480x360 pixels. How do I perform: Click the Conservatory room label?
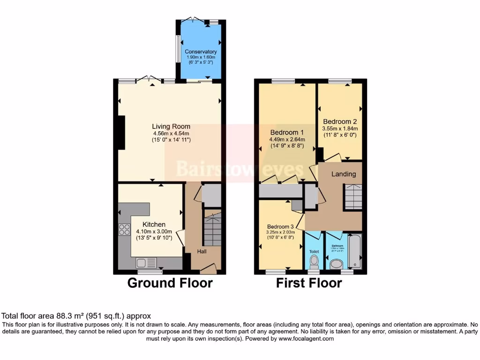(x=201, y=52)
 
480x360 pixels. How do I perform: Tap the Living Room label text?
(x=171, y=126)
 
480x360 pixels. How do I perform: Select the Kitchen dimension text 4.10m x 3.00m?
(x=154, y=231)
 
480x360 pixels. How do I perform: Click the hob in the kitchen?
(x=125, y=230)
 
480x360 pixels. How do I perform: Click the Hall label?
(x=202, y=252)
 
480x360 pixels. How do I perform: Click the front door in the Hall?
(x=208, y=269)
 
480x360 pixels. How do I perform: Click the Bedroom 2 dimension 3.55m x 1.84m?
(x=340, y=128)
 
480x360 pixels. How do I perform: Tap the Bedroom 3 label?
(x=281, y=227)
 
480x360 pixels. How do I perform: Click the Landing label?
(x=344, y=174)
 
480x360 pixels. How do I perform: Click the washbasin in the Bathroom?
(x=336, y=265)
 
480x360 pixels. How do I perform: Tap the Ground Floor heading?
(x=170, y=283)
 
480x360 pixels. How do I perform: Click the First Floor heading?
(x=308, y=283)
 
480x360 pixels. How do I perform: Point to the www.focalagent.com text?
(x=307, y=338)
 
